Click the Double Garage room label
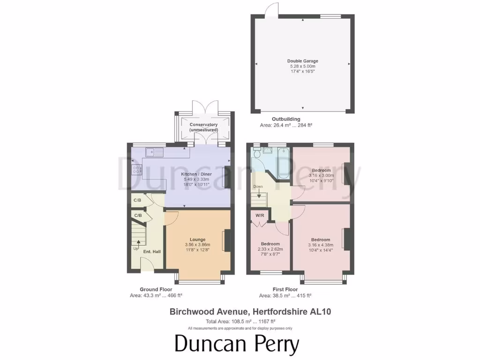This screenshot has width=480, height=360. [x=302, y=61]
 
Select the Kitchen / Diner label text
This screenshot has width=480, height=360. [x=197, y=174]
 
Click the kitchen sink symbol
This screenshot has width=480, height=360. [x=154, y=152]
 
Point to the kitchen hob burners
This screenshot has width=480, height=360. [x=137, y=170]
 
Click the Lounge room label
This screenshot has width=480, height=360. [x=197, y=240]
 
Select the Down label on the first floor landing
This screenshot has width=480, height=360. [x=258, y=187]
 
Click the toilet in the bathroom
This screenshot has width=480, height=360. [x=256, y=153]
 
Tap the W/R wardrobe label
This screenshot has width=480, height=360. [x=259, y=216]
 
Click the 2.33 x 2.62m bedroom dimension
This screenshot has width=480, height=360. [x=270, y=249]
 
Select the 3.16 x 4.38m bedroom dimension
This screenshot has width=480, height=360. [x=321, y=245]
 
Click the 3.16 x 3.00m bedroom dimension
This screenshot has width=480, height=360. [x=321, y=175]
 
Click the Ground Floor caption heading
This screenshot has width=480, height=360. [x=156, y=289]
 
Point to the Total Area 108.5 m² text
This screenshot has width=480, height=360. [x=240, y=322]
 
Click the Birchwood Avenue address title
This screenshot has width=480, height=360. [x=240, y=311]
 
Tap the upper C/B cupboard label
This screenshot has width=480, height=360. [x=137, y=201]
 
